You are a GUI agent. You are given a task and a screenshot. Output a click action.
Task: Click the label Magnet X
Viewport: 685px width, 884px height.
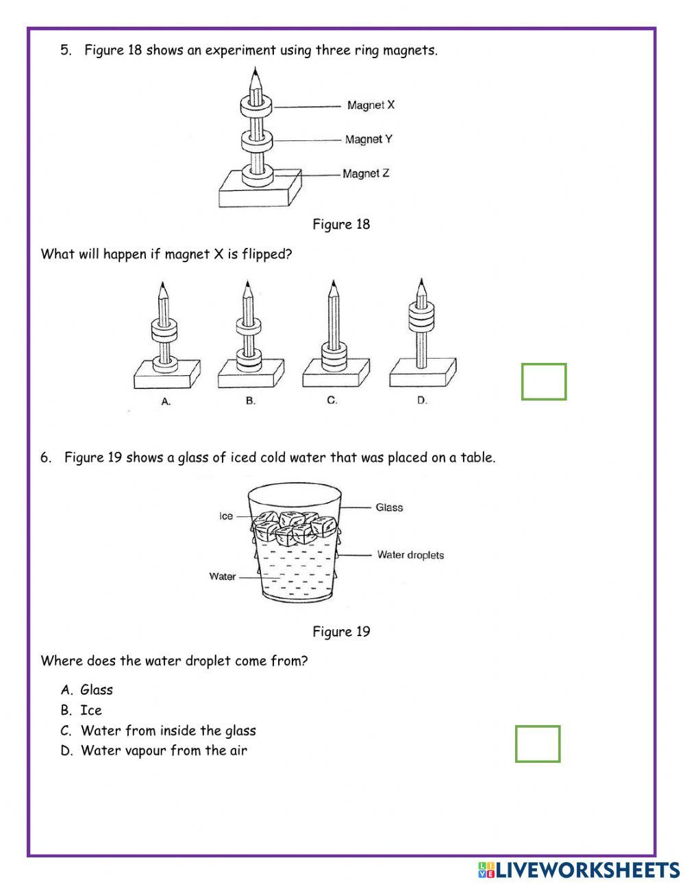371,105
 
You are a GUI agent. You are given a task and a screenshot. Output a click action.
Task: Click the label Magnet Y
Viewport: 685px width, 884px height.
369,140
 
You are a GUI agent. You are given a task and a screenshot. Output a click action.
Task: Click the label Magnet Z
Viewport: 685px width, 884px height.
366,174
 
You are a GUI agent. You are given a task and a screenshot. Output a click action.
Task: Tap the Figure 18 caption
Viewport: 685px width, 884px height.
341,225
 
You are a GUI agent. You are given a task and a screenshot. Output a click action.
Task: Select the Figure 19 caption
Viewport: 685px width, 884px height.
341,632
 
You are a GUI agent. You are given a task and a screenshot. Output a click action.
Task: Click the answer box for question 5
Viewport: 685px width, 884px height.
544,381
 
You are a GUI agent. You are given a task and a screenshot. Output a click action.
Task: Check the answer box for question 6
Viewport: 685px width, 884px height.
538,744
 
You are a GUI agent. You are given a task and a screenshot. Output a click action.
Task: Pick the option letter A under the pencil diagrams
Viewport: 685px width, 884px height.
166,402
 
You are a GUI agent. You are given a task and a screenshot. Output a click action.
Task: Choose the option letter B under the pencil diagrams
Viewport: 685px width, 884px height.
251,401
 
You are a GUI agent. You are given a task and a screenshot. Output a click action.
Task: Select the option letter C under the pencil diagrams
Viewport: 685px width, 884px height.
332,401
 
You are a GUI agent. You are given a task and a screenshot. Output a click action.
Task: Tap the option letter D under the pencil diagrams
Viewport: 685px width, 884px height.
422,401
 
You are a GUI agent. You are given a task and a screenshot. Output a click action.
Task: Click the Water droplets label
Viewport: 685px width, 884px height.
410,555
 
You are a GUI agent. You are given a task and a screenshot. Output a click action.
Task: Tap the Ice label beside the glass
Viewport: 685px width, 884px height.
226,516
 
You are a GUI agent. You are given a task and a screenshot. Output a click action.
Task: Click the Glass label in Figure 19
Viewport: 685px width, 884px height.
389,507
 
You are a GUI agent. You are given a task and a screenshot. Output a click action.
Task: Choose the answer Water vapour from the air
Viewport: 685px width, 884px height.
163,750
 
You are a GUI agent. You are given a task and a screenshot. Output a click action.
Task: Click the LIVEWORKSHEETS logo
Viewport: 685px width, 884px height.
579,870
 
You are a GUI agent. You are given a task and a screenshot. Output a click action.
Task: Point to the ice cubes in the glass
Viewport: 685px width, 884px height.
294,528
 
